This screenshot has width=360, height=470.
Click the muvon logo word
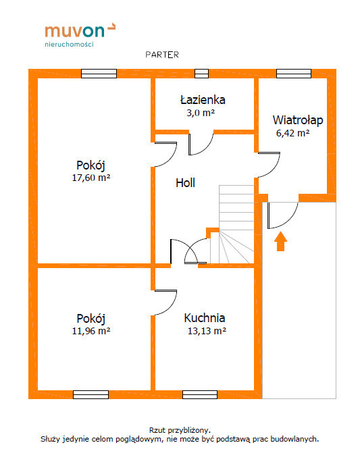click(75, 31)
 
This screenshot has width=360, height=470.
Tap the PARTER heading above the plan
click(162, 55)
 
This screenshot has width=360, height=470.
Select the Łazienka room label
click(203, 99)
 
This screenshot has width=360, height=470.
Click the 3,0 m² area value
click(201, 113)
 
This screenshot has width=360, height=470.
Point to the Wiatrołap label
click(298, 120)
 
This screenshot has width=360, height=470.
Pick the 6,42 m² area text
click(292, 133)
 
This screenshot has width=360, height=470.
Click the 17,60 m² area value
click(91, 178)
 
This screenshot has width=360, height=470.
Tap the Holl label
click(185, 183)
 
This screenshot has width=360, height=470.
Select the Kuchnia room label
click(205, 318)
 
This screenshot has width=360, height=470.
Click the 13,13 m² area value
click(207, 331)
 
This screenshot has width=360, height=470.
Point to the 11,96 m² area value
click(91, 331)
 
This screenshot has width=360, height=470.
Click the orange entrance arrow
click(280, 241)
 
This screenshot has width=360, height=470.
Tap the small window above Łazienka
click(201, 74)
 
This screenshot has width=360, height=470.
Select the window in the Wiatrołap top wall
click(294, 74)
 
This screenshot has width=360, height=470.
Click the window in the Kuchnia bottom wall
click(200, 394)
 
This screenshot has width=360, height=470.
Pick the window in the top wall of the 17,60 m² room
click(99, 74)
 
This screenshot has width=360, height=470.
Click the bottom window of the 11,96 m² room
click(91, 394)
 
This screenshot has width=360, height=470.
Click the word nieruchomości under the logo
click(70, 45)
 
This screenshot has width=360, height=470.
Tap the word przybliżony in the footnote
click(189, 430)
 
